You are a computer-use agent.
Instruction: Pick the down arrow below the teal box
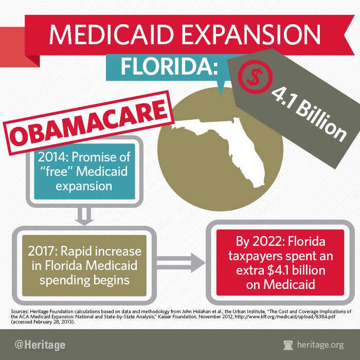85,217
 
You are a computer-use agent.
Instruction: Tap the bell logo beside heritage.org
290,344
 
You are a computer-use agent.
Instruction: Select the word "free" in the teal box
59,171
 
